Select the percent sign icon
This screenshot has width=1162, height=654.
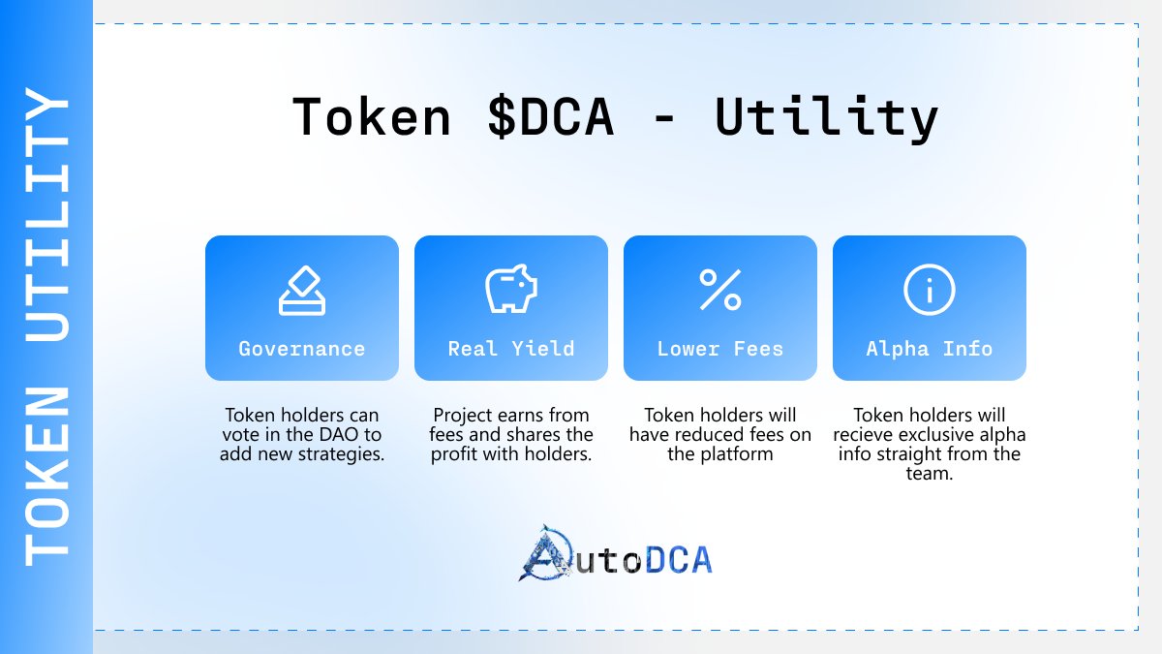coord(720,290)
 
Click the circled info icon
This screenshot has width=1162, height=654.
coord(930,290)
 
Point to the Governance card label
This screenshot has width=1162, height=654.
coord(302,349)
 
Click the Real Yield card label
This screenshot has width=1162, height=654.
coord(511,349)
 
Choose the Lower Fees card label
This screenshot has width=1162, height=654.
coord(720,349)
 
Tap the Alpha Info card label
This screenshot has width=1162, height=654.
coord(930,349)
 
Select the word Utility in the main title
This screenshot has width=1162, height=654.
coord(827,117)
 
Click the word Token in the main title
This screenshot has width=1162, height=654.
coord(372,117)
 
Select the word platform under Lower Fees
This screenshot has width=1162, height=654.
coord(720,453)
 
